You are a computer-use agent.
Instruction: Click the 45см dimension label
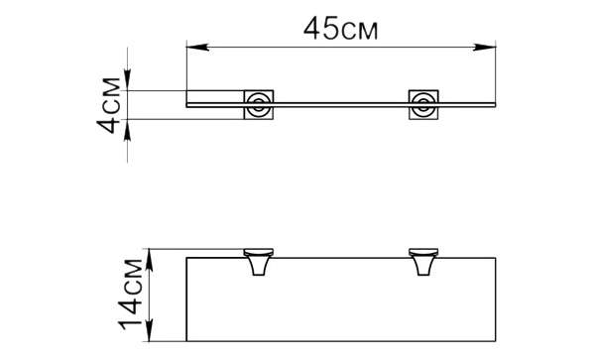341,29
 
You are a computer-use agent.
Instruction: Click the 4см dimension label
109,105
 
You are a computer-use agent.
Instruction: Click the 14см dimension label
131,295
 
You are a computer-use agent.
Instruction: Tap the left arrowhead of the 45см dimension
197,47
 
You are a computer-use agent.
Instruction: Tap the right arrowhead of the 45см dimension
485,47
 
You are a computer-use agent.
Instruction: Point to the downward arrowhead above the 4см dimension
128,79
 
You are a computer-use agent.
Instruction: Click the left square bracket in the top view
259,105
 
